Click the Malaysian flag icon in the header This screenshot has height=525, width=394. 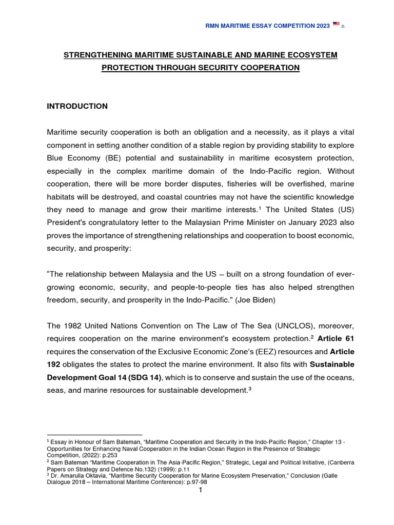336,24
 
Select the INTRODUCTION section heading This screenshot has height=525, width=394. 77,106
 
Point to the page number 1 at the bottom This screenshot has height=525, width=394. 201,491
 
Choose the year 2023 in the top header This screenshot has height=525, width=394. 321,24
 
